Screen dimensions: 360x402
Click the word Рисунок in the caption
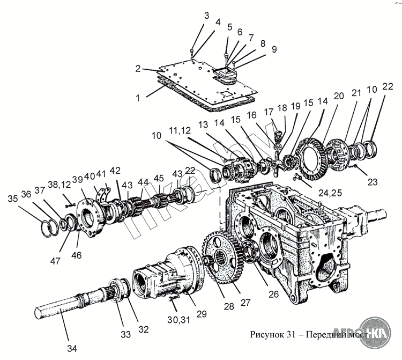267,335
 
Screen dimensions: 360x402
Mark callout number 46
76,255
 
